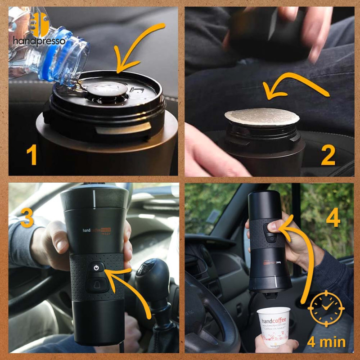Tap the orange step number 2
click(328, 155)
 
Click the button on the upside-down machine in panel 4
click(271, 228)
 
